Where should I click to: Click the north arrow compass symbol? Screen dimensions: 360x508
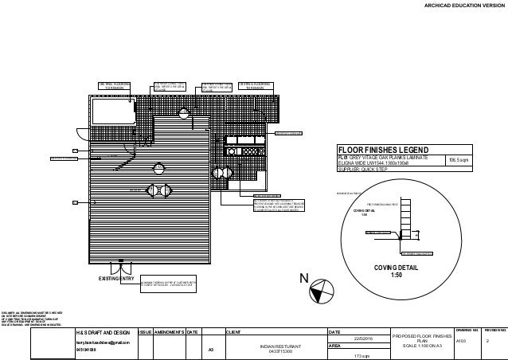click(x=321, y=292)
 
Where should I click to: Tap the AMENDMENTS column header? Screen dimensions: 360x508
click(x=170, y=331)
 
